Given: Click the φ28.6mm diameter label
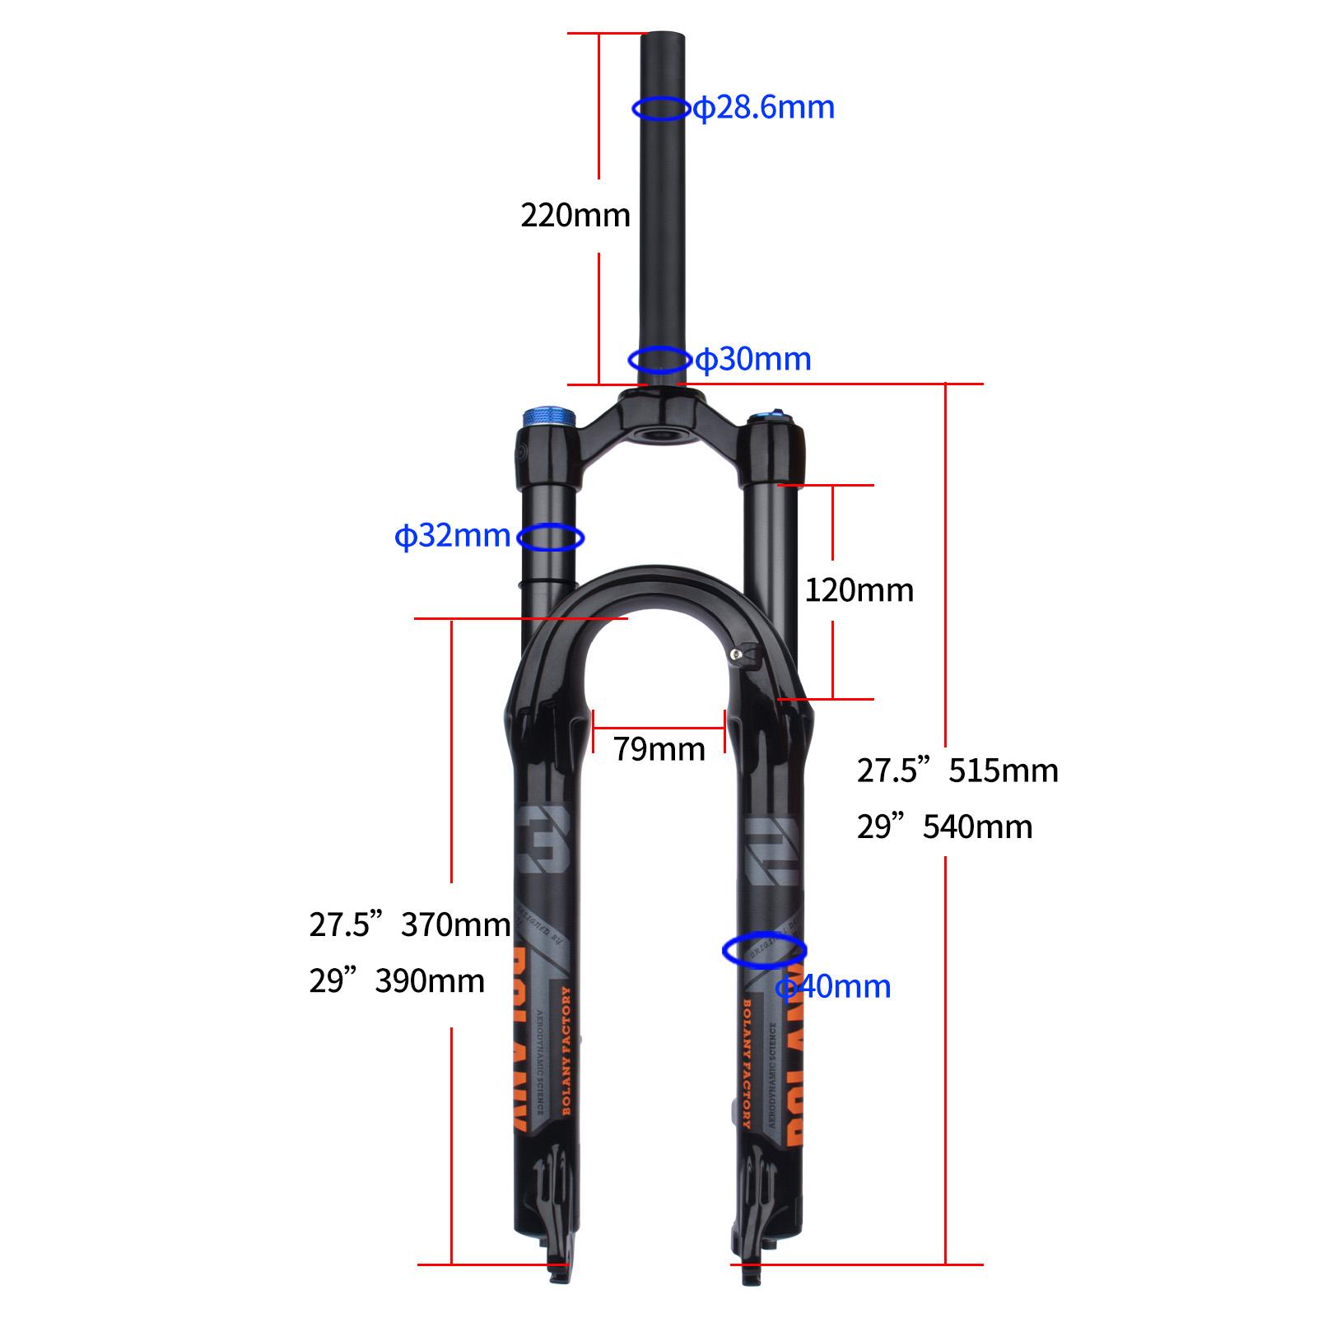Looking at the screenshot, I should [x=764, y=108].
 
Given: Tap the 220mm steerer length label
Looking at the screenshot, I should [x=575, y=216].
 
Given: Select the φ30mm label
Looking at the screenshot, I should [x=753, y=360].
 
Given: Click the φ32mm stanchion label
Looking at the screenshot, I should [x=452, y=536].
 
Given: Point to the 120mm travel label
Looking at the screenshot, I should [x=859, y=590].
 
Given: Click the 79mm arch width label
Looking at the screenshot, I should [x=659, y=749].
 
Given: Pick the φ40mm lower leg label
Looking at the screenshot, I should [x=834, y=986].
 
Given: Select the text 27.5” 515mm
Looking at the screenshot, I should [x=957, y=771].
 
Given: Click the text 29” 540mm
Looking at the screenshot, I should [x=944, y=827].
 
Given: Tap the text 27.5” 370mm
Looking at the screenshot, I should [x=409, y=924].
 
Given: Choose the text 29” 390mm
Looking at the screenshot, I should [x=397, y=980].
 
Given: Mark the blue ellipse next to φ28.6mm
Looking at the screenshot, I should [x=660, y=108].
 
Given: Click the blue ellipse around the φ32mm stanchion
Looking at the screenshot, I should [x=550, y=538].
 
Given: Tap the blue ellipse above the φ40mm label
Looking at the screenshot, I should [x=764, y=950].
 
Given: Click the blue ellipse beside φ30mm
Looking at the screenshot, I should [x=659, y=360].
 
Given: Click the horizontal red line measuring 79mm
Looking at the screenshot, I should [x=659, y=728].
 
